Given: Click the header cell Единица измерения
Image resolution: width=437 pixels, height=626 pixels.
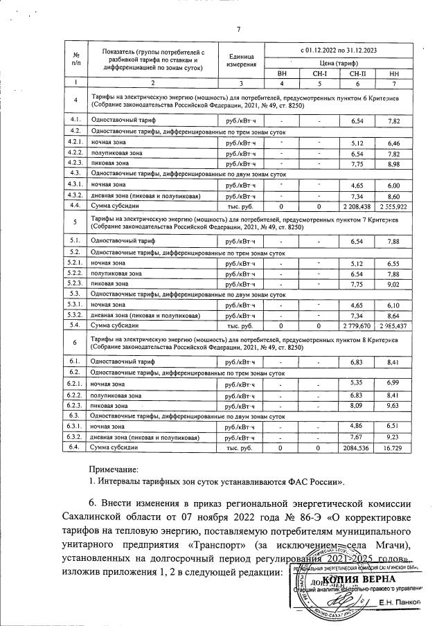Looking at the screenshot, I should (241, 60).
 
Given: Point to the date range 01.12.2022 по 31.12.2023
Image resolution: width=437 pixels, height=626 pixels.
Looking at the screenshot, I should (340, 50).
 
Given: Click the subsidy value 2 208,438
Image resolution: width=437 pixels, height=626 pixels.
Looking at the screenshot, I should (357, 207).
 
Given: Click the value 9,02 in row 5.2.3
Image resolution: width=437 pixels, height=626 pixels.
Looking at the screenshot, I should (394, 283).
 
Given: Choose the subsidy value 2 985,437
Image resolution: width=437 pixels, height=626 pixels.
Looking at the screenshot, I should (394, 326).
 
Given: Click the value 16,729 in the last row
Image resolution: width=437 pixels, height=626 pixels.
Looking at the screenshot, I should (394, 449).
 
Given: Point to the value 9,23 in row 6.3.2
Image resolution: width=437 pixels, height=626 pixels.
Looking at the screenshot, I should (394, 438).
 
